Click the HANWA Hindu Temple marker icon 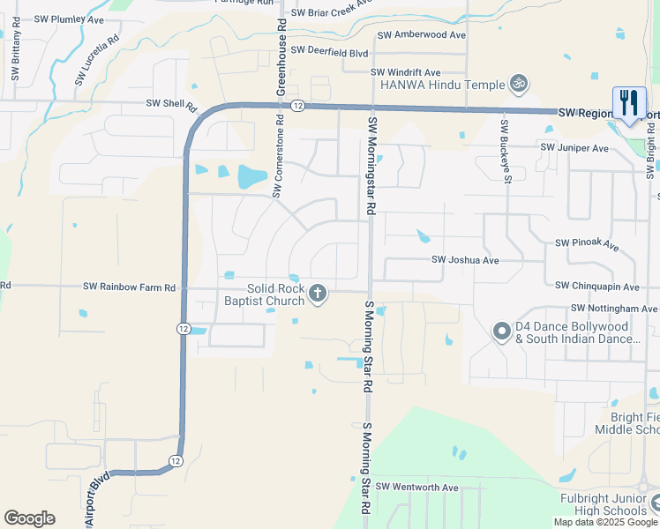point(519,85)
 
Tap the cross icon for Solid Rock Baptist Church point(318,294)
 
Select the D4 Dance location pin point(501,332)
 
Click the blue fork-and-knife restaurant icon point(629,103)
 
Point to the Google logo point(29,518)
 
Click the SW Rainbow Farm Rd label point(130,287)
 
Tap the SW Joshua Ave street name point(465,260)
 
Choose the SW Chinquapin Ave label point(596,286)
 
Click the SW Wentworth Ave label point(416,487)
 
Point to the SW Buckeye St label point(506,152)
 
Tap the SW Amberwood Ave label point(421,35)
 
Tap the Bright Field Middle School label point(634,422)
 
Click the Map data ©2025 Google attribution point(605,522)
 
